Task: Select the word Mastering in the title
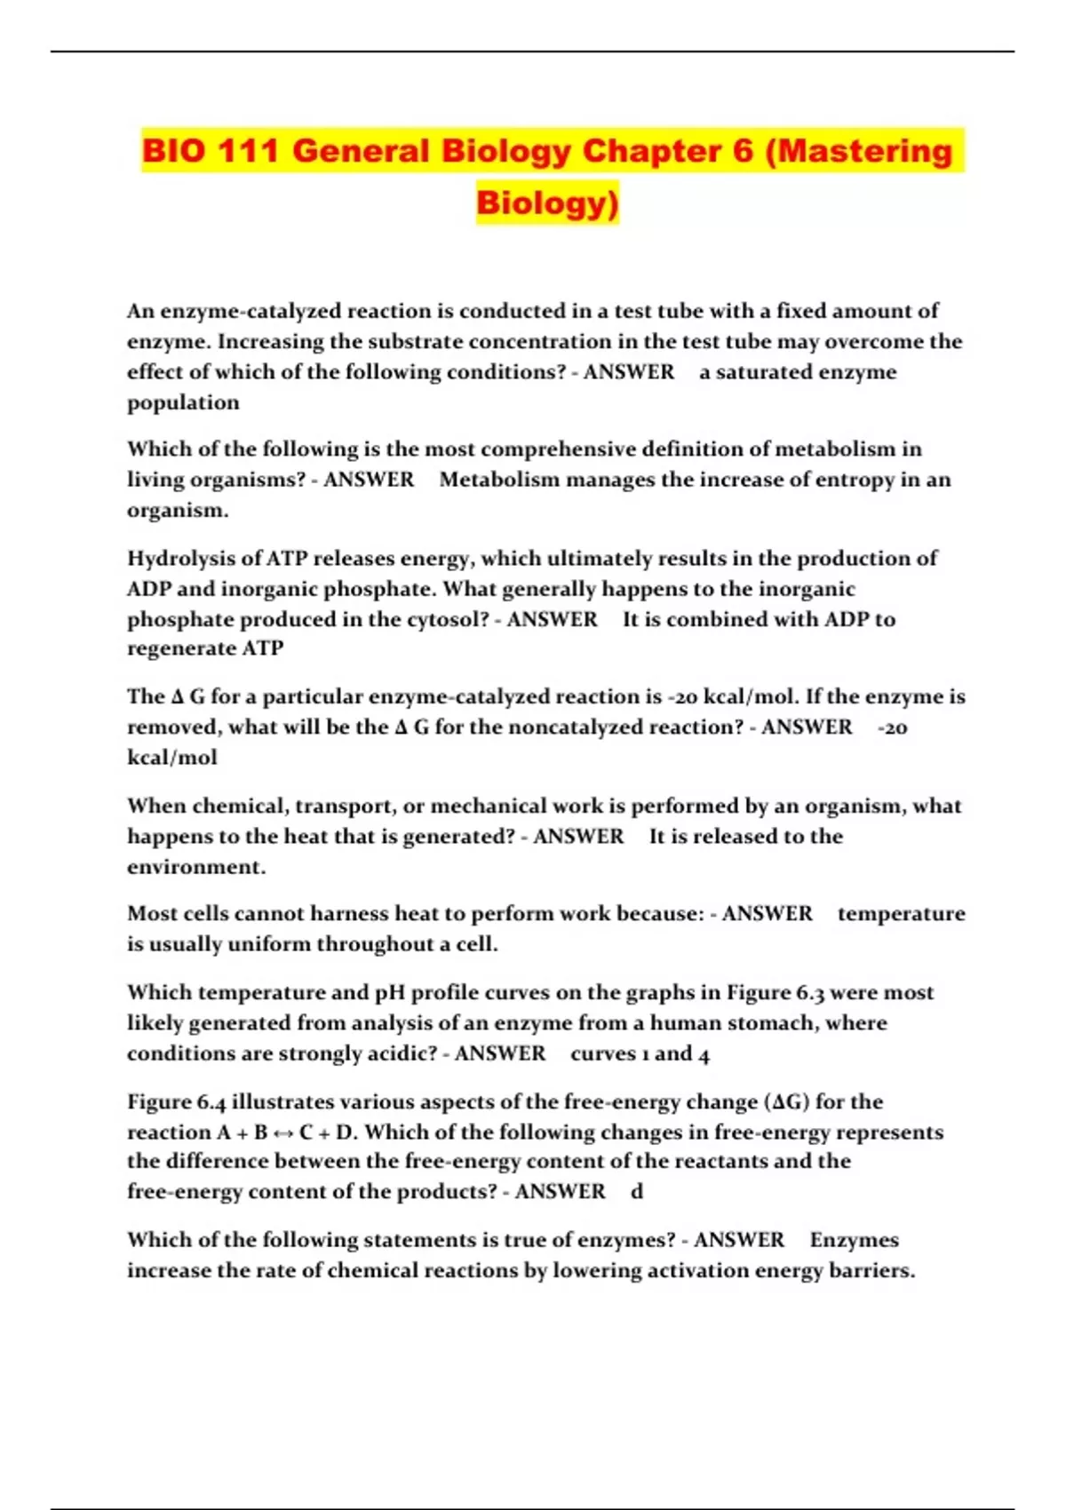pyautogui.click(x=858, y=151)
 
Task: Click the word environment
pyautogui.click(x=195, y=867)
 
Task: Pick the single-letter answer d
pyautogui.click(x=636, y=1192)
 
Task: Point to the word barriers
pyautogui.click(x=871, y=1271)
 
